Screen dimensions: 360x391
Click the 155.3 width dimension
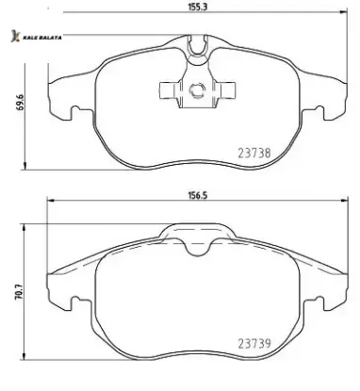[x=198, y=7]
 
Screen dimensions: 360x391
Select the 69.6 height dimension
[x=21, y=103]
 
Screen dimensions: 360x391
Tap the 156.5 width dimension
[x=198, y=195]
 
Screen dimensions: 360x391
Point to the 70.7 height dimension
[x=20, y=292]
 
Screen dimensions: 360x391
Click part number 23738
[x=254, y=154]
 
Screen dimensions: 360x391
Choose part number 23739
[x=254, y=343]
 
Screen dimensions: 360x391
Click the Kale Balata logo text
[x=42, y=38]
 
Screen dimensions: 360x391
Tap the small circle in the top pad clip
[x=197, y=90]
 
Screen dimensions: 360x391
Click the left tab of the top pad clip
[x=169, y=90]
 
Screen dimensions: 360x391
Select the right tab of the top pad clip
[x=226, y=90]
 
